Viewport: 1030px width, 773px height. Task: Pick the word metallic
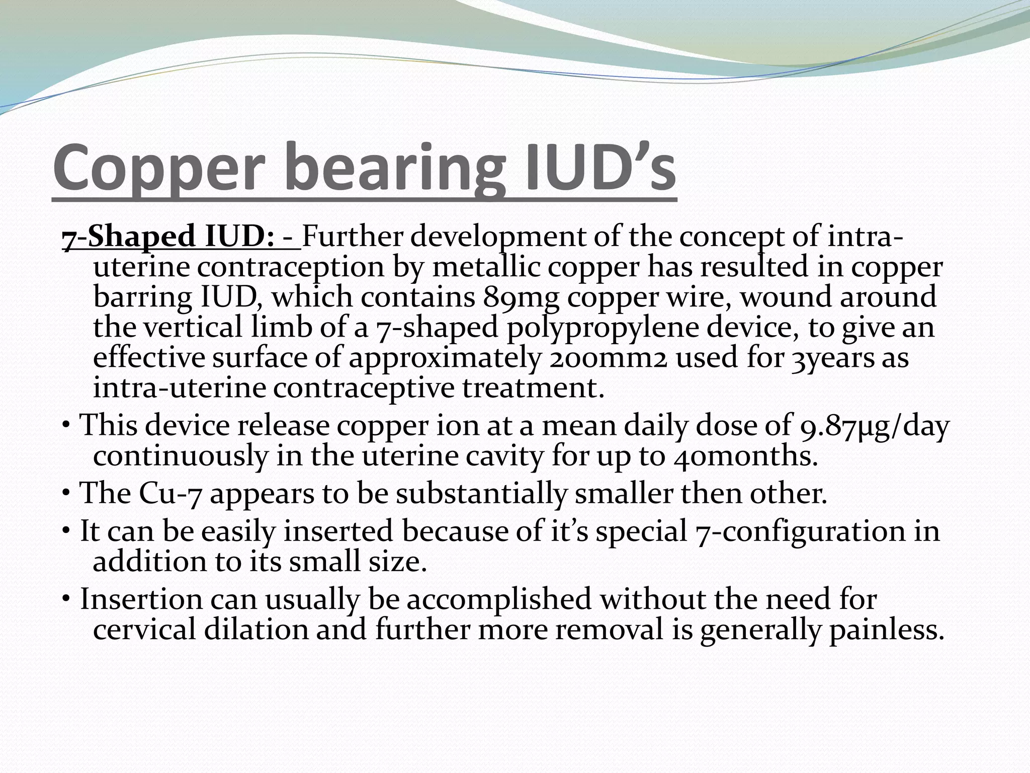pos(485,267)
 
